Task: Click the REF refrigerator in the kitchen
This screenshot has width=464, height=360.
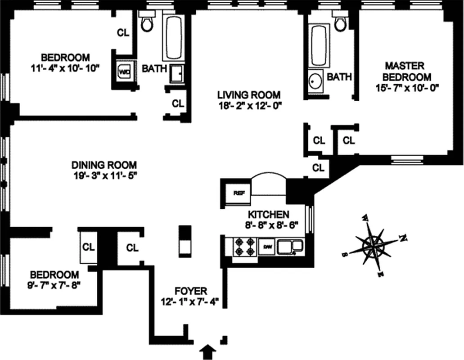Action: click(239, 193)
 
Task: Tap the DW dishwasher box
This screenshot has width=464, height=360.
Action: click(266, 247)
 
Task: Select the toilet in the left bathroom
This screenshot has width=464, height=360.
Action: click(147, 22)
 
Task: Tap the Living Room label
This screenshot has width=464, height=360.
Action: click(249, 95)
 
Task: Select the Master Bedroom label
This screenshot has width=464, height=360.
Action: click(404, 71)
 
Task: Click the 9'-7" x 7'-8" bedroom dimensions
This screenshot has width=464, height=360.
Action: click(54, 285)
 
